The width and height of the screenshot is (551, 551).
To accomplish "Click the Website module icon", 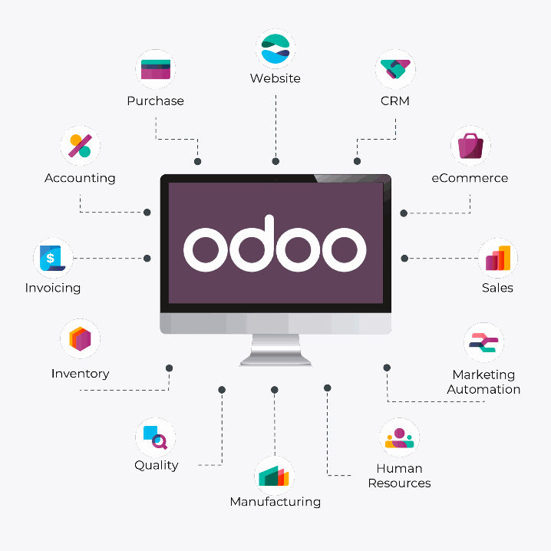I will (275, 48).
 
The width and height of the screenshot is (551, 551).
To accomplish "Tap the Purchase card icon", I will (156, 70).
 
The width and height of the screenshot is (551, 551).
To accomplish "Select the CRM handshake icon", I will (394, 70).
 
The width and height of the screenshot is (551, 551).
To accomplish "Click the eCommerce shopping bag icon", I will (470, 145).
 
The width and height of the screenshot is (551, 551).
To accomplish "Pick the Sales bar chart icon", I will (497, 258).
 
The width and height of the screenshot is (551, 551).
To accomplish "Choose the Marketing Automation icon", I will (483, 343).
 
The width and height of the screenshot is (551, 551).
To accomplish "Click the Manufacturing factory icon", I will (275, 476).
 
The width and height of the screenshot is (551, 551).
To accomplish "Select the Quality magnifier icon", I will (156, 437).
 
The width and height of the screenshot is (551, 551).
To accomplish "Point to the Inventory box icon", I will (80, 338).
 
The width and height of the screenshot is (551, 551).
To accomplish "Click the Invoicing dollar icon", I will (53, 258).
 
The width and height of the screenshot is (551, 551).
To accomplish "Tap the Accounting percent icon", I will (80, 146).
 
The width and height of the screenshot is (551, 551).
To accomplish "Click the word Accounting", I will (80, 178).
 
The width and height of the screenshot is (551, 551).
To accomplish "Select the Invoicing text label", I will (53, 288).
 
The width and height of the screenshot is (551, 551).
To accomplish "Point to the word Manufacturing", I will (275, 502).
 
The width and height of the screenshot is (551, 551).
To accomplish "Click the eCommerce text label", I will (470, 178).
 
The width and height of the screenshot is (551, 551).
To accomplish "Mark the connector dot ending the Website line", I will (275, 162).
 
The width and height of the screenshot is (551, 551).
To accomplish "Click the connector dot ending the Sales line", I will (404, 258).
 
